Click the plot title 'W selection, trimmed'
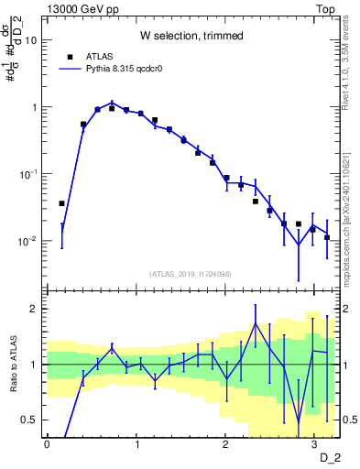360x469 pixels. click(x=191, y=36)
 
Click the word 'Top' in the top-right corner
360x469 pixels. click(x=325, y=8)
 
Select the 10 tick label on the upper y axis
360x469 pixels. click(x=31, y=40)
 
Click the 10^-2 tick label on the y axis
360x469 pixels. click(x=28, y=242)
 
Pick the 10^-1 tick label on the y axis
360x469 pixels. click(x=28, y=174)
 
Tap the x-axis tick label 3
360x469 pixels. click(x=313, y=443)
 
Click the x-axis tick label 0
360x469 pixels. click(x=47, y=443)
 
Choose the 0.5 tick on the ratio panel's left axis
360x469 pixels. click(x=29, y=420)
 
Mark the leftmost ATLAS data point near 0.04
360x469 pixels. click(x=61, y=203)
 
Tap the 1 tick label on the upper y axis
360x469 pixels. click(x=35, y=107)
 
